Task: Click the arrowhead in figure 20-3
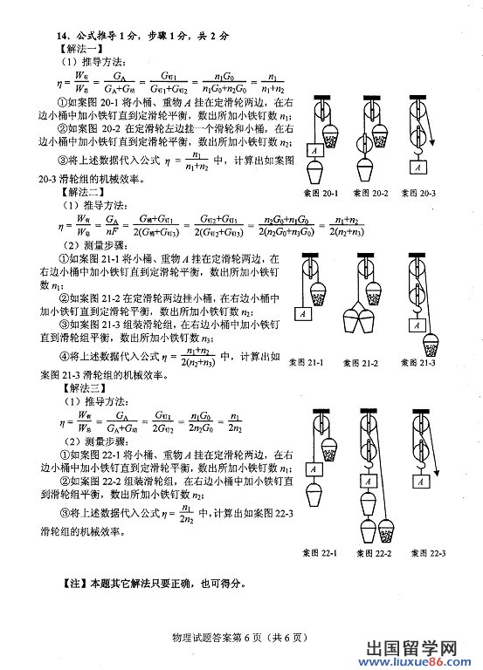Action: tap(434, 145)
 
